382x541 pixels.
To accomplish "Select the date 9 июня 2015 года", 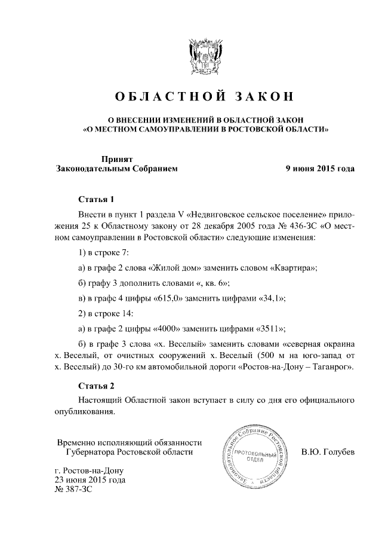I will point(320,169).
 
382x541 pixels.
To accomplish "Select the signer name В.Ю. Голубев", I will point(328,452).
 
